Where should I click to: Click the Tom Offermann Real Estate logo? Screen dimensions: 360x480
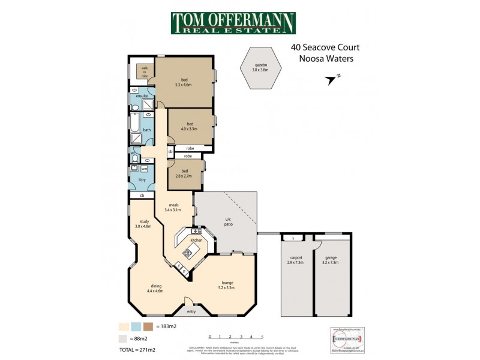(233, 23)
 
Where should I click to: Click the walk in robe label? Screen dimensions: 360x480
(145, 71)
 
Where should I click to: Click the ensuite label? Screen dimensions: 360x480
(142, 96)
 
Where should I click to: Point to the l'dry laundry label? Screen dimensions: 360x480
(142, 180)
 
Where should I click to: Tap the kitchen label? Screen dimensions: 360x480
(196, 240)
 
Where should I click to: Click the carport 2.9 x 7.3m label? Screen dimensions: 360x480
(294, 260)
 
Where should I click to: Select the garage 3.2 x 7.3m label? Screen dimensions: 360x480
(331, 260)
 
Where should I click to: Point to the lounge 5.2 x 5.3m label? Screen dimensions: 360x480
(227, 285)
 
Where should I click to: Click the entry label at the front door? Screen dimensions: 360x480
(191, 312)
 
